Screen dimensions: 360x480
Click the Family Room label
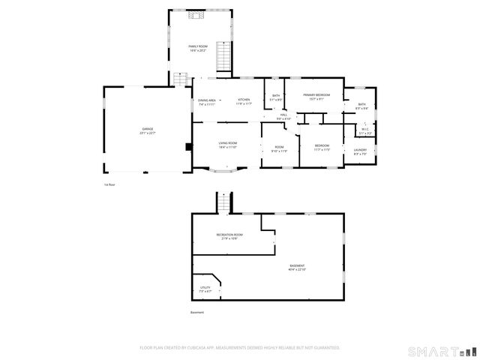tap(198, 48)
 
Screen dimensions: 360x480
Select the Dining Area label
tap(207, 101)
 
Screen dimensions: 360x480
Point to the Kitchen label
tap(244, 101)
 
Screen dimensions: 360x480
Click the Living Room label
tap(228, 145)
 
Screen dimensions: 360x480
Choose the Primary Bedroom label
tap(316, 96)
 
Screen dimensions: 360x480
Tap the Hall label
tap(283, 116)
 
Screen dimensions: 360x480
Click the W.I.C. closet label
tap(364, 130)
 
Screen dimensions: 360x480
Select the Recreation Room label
tap(229, 236)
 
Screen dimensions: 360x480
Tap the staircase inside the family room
tap(222, 55)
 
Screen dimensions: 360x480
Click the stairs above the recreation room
tap(223, 202)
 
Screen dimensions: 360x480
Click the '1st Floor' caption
tap(110, 184)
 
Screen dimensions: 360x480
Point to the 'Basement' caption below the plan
tap(197, 312)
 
